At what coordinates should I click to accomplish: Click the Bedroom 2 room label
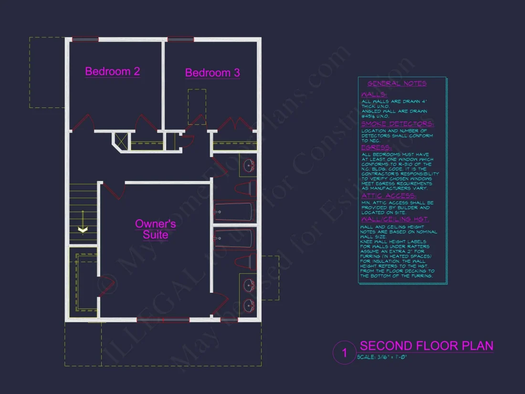112,72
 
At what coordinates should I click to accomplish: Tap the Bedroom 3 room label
212,73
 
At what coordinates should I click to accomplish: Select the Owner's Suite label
156,229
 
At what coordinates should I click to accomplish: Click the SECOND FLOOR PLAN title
426,346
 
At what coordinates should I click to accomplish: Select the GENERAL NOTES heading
397,84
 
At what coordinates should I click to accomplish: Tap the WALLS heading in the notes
374,95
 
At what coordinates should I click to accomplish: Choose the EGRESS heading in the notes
376,148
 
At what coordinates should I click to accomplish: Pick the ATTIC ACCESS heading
388,196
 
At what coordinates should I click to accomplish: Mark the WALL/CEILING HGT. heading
395,219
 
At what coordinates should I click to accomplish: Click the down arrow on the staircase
83,230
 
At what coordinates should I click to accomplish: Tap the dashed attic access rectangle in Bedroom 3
197,106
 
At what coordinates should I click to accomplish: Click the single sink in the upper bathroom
249,166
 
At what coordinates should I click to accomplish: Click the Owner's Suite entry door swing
114,190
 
